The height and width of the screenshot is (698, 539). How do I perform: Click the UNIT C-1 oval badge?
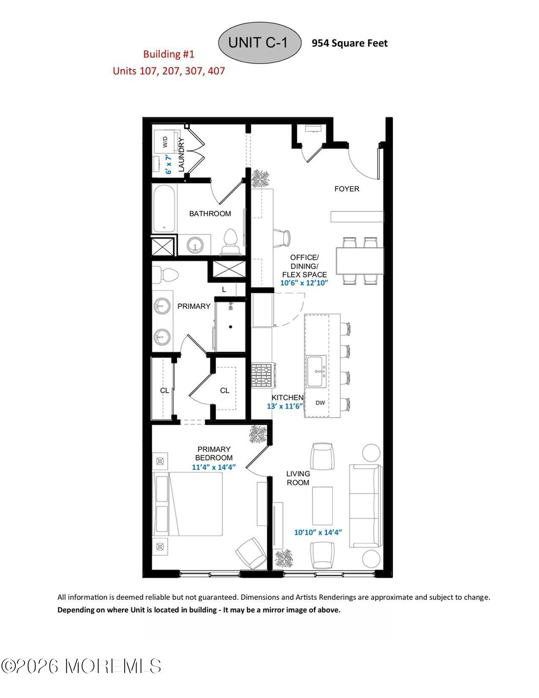[x=259, y=43]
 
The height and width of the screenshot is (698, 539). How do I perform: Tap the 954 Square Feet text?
[x=349, y=43]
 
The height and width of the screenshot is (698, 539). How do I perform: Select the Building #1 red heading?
[x=169, y=54]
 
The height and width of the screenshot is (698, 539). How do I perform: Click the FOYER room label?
[x=347, y=189]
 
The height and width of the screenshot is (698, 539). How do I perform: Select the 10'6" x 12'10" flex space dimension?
[x=304, y=283]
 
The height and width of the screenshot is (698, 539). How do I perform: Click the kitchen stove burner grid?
[x=263, y=376]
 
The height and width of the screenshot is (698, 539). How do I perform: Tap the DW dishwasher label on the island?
[x=320, y=403]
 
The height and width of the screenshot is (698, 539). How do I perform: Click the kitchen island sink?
[x=316, y=371]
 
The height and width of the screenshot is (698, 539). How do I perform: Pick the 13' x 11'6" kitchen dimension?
[x=285, y=406]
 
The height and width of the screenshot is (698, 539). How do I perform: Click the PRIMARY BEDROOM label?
[x=214, y=453]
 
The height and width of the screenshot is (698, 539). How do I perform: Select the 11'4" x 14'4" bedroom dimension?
[x=213, y=467]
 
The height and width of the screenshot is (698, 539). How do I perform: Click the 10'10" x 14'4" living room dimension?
[x=318, y=532]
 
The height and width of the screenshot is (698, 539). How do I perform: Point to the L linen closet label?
[x=224, y=290]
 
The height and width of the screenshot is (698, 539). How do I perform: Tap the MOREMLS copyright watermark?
[x=81, y=666]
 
